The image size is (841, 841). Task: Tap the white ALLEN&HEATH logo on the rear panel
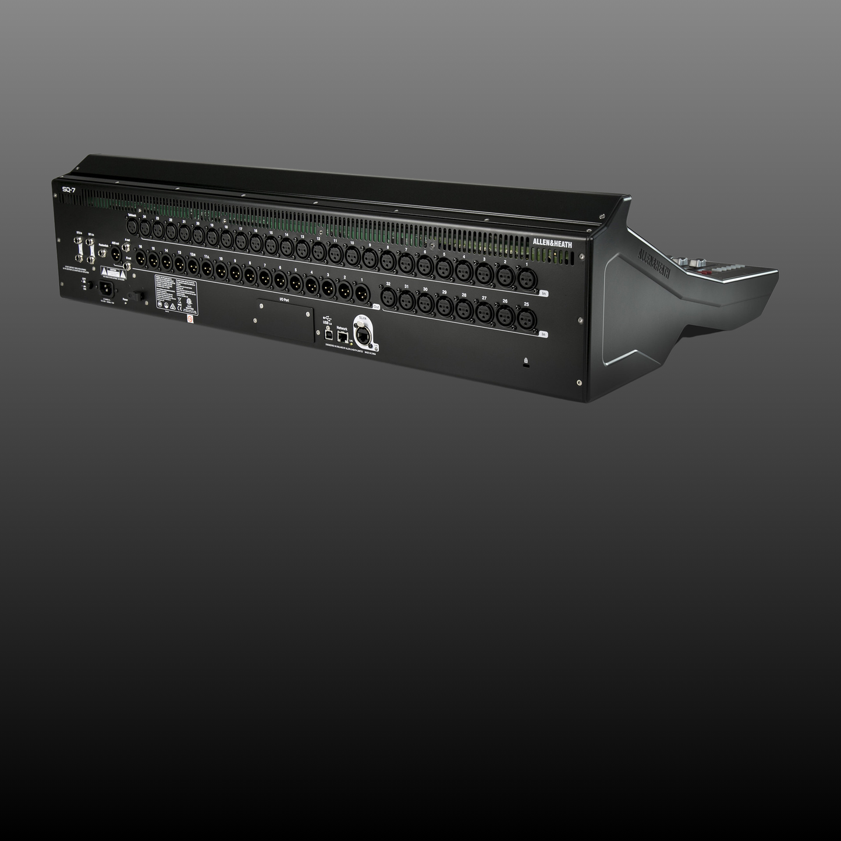[552, 244]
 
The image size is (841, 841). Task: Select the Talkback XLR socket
[132, 227]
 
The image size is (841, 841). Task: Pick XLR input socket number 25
[526, 317]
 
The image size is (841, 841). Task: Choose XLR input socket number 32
[388, 298]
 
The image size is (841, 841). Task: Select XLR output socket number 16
[140, 257]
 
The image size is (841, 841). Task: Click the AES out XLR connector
[116, 254]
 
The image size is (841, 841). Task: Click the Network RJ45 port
[343, 336]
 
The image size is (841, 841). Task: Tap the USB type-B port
[328, 336]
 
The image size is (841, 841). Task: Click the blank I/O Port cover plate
[285, 320]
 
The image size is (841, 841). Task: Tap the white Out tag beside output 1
[376, 306]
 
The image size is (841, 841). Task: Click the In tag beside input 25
[544, 334]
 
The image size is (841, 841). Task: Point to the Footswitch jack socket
[102, 253]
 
